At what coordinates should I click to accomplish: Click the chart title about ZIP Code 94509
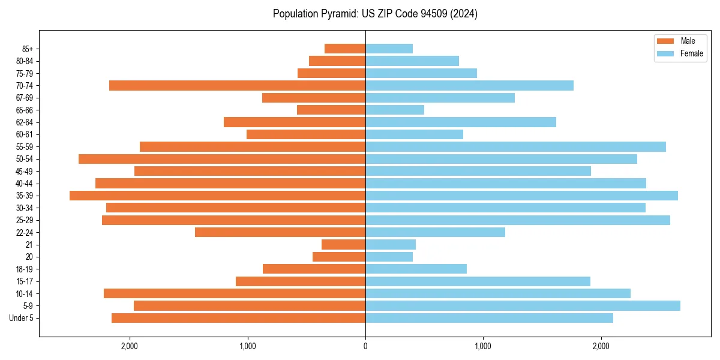(x=375, y=14)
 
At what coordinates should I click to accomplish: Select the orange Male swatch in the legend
(x=665, y=41)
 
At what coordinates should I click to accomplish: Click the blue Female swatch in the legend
(x=665, y=53)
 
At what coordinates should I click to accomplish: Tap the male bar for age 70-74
(x=237, y=86)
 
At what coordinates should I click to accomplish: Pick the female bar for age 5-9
(x=523, y=306)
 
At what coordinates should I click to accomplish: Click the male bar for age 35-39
(x=217, y=196)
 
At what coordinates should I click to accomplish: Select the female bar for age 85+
(x=389, y=49)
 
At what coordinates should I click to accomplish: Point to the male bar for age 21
(x=343, y=245)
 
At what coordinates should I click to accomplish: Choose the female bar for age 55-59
(x=515, y=147)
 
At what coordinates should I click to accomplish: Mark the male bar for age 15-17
(x=301, y=281)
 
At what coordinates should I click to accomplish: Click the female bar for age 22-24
(x=435, y=232)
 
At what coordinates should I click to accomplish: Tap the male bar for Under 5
(x=238, y=318)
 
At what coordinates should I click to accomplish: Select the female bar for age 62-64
(x=461, y=122)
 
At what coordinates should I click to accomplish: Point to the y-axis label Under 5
(x=22, y=318)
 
